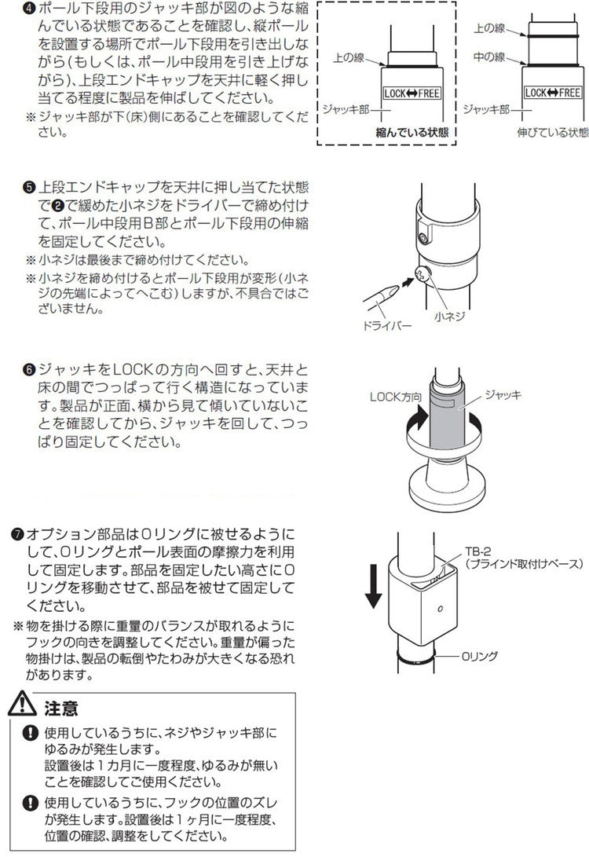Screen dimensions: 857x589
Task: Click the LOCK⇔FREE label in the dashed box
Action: [412, 93]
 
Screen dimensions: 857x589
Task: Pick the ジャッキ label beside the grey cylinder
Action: [503, 395]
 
